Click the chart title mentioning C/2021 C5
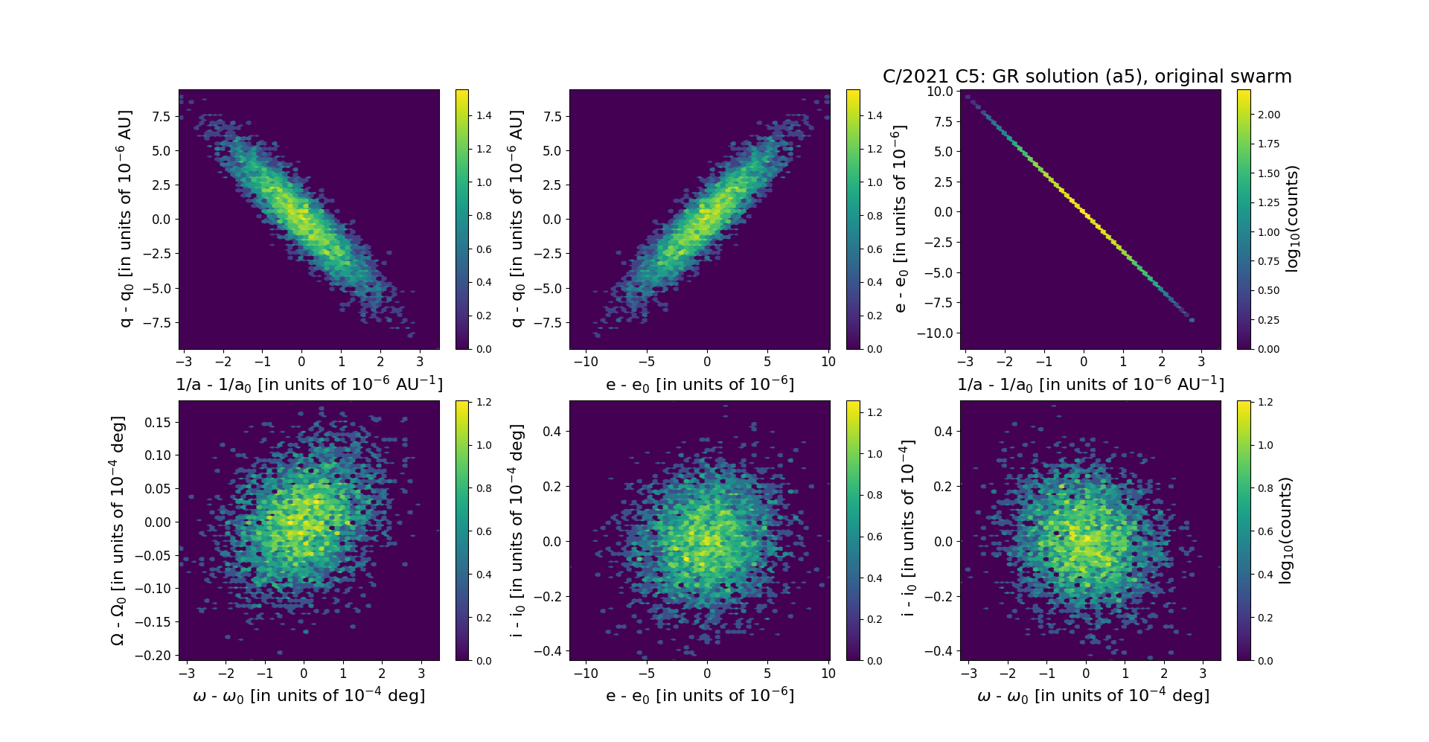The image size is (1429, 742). (1087, 77)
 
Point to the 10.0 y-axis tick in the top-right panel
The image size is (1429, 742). (940, 92)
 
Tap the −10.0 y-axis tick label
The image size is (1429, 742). (937, 333)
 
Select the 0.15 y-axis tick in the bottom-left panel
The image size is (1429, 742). (158, 422)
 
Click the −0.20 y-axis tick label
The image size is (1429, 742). (154, 655)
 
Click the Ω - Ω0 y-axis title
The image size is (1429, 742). (118, 530)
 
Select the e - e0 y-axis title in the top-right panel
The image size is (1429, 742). (900, 219)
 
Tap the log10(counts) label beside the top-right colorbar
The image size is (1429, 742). (1292, 219)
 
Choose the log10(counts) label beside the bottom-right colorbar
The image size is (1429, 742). (1285, 530)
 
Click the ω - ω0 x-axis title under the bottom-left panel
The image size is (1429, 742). (309, 696)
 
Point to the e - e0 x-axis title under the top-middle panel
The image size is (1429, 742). (700, 385)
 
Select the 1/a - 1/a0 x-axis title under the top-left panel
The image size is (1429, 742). (309, 385)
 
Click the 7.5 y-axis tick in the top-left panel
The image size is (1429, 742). (162, 116)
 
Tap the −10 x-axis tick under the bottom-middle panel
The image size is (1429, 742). (586, 674)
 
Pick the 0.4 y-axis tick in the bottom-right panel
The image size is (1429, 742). (943, 431)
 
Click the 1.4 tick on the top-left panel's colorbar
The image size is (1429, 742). (484, 115)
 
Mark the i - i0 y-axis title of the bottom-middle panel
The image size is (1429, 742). (517, 530)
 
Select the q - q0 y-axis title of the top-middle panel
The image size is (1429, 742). (517, 219)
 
